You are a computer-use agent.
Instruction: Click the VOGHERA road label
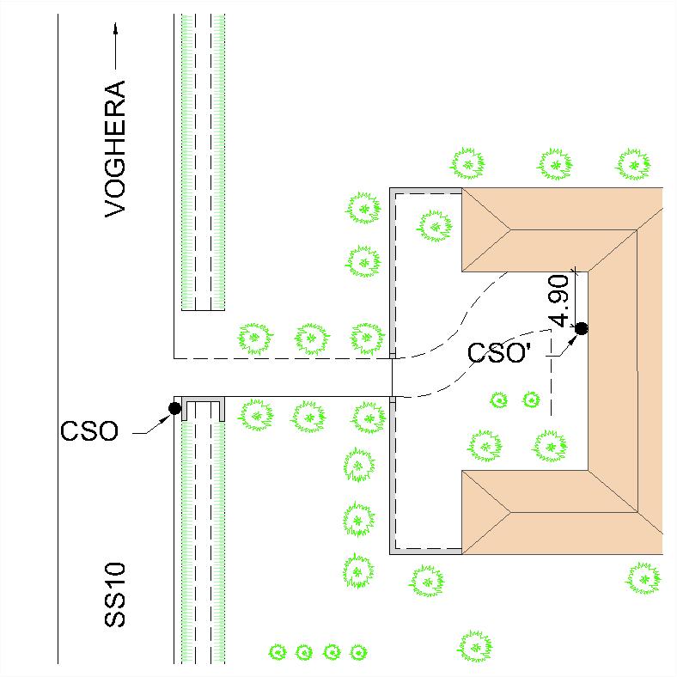(x=115, y=149)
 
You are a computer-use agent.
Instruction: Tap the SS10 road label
(x=115, y=595)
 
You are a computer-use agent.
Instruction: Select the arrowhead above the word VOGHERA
(x=115, y=29)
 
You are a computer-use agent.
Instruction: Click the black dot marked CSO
(x=175, y=408)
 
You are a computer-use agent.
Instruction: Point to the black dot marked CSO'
(x=582, y=328)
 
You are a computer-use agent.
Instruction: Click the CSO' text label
(x=498, y=352)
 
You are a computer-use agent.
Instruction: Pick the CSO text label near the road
(x=89, y=431)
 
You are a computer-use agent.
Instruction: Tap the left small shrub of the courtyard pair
(x=499, y=400)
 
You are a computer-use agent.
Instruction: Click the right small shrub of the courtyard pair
(x=531, y=399)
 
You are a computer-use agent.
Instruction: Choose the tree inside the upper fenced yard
(x=435, y=226)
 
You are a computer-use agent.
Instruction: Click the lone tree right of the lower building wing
(x=643, y=578)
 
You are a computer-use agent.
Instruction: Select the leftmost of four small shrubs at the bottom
(x=278, y=652)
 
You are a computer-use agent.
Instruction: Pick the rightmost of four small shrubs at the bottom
(x=358, y=652)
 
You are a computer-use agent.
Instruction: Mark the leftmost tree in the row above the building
(x=467, y=164)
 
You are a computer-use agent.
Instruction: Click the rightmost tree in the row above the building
(x=633, y=164)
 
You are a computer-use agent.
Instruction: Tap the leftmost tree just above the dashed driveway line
(x=255, y=338)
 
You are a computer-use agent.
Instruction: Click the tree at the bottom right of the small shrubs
(x=475, y=647)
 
